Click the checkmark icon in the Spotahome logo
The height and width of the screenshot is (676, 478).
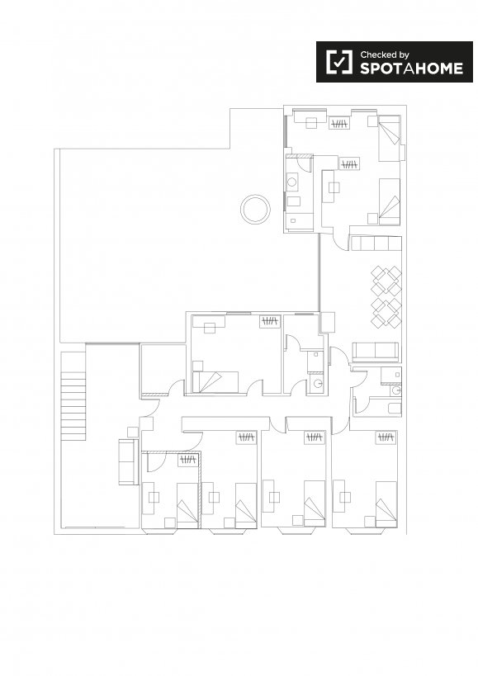(x=338, y=62)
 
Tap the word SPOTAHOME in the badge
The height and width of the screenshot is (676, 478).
(x=412, y=69)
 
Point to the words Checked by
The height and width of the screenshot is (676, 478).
(x=385, y=54)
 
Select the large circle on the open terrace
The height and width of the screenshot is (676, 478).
(x=256, y=209)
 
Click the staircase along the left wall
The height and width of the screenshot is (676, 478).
(x=73, y=395)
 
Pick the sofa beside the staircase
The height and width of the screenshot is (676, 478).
(x=129, y=461)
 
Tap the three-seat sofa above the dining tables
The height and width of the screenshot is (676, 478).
(x=376, y=243)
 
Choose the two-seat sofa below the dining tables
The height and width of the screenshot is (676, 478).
(x=376, y=352)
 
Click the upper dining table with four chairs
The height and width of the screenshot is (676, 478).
(x=386, y=281)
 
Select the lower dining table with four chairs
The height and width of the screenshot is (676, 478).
(x=386, y=312)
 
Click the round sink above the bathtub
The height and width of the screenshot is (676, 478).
(x=396, y=390)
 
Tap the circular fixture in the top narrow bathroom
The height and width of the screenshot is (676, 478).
(x=292, y=182)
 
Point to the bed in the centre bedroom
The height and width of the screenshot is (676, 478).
(x=216, y=382)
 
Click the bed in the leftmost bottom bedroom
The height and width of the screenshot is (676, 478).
(x=187, y=505)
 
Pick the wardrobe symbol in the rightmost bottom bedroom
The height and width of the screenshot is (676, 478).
(x=386, y=437)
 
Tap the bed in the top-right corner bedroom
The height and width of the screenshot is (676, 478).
(x=390, y=138)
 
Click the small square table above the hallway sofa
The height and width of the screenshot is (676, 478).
(x=133, y=433)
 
